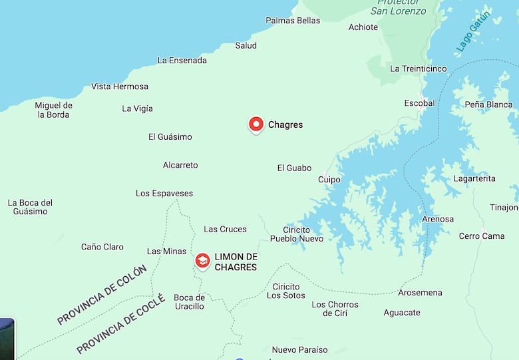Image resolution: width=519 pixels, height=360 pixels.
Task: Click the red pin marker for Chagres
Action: coord(256,124)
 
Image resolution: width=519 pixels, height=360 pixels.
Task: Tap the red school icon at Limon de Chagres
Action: coord(202,261)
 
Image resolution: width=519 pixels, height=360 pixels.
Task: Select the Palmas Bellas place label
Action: coord(293,21)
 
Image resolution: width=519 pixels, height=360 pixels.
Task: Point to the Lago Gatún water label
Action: coord(473,32)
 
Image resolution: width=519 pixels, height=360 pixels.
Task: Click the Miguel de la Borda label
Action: coord(53,110)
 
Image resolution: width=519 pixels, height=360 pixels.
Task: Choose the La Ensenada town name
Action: coord(182,61)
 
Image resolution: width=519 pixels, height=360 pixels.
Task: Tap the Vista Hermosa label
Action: coord(120,87)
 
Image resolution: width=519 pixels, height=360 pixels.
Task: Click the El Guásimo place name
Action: coord(170,137)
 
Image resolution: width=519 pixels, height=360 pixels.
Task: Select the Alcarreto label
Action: coord(180,165)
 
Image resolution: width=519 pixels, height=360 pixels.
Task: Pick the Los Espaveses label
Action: coord(164,194)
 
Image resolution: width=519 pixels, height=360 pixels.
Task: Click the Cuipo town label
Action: coord(329,180)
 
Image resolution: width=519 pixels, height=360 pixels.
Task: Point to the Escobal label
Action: coord(419,103)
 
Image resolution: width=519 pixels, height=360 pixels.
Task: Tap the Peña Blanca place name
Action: coord(488,104)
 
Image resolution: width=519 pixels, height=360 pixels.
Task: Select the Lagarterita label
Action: coord(474,178)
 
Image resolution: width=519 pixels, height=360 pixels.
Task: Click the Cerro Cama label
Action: coord(482,236)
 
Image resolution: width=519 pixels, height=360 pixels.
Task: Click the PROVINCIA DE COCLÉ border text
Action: coord(120,324)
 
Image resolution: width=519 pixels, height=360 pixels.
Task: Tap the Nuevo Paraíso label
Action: coord(299,349)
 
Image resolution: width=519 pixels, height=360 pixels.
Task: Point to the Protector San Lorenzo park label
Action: coord(398,8)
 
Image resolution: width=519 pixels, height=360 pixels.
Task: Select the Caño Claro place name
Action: coord(102,247)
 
